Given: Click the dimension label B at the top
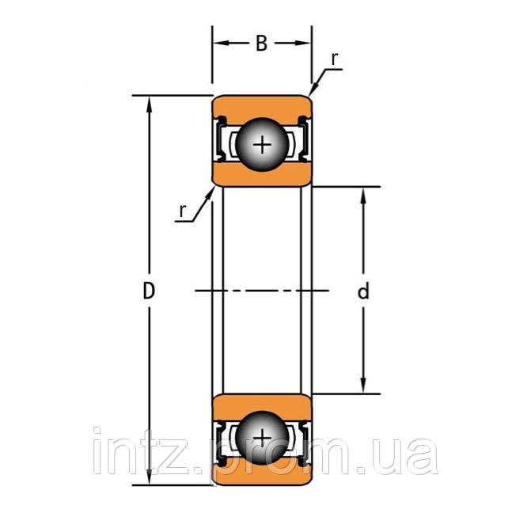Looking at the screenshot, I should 260,44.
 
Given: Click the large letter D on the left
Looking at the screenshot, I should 148,291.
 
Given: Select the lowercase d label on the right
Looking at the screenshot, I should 363,292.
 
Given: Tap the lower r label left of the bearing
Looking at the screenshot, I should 183,210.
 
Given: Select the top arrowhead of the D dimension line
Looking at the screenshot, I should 148,102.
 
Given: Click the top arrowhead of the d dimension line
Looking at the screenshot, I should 363,194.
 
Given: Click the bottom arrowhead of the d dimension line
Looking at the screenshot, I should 363,387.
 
